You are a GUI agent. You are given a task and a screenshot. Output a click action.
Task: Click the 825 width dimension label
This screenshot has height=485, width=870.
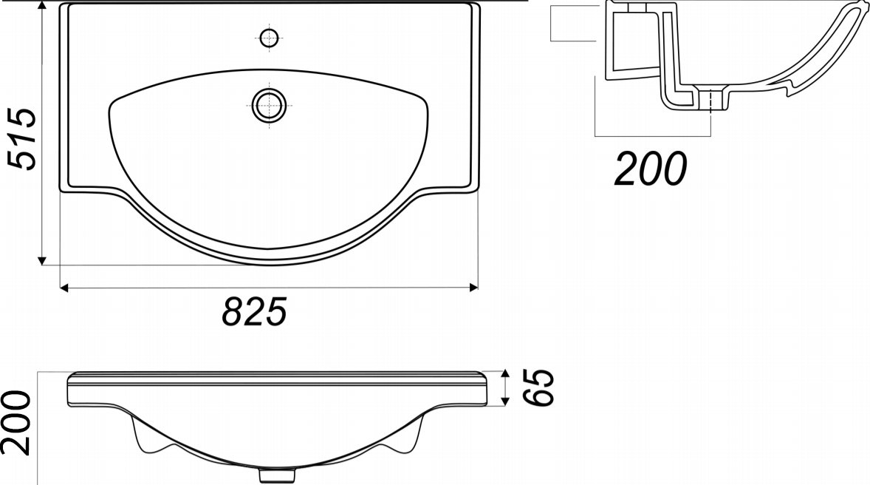tap(254, 312)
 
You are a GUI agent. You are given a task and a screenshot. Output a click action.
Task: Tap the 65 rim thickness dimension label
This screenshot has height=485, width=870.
tap(541, 387)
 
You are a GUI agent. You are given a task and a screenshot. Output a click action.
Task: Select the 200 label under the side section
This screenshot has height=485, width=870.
tap(651, 169)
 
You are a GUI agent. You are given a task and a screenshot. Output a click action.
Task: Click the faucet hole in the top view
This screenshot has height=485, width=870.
tap(270, 36)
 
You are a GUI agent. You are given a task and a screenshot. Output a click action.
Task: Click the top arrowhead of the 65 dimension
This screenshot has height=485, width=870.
tap(505, 373)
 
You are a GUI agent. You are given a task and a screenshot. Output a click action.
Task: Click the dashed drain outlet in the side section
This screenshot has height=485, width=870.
tap(710, 101)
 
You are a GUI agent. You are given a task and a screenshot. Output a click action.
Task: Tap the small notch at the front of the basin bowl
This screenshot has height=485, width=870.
tap(269, 248)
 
